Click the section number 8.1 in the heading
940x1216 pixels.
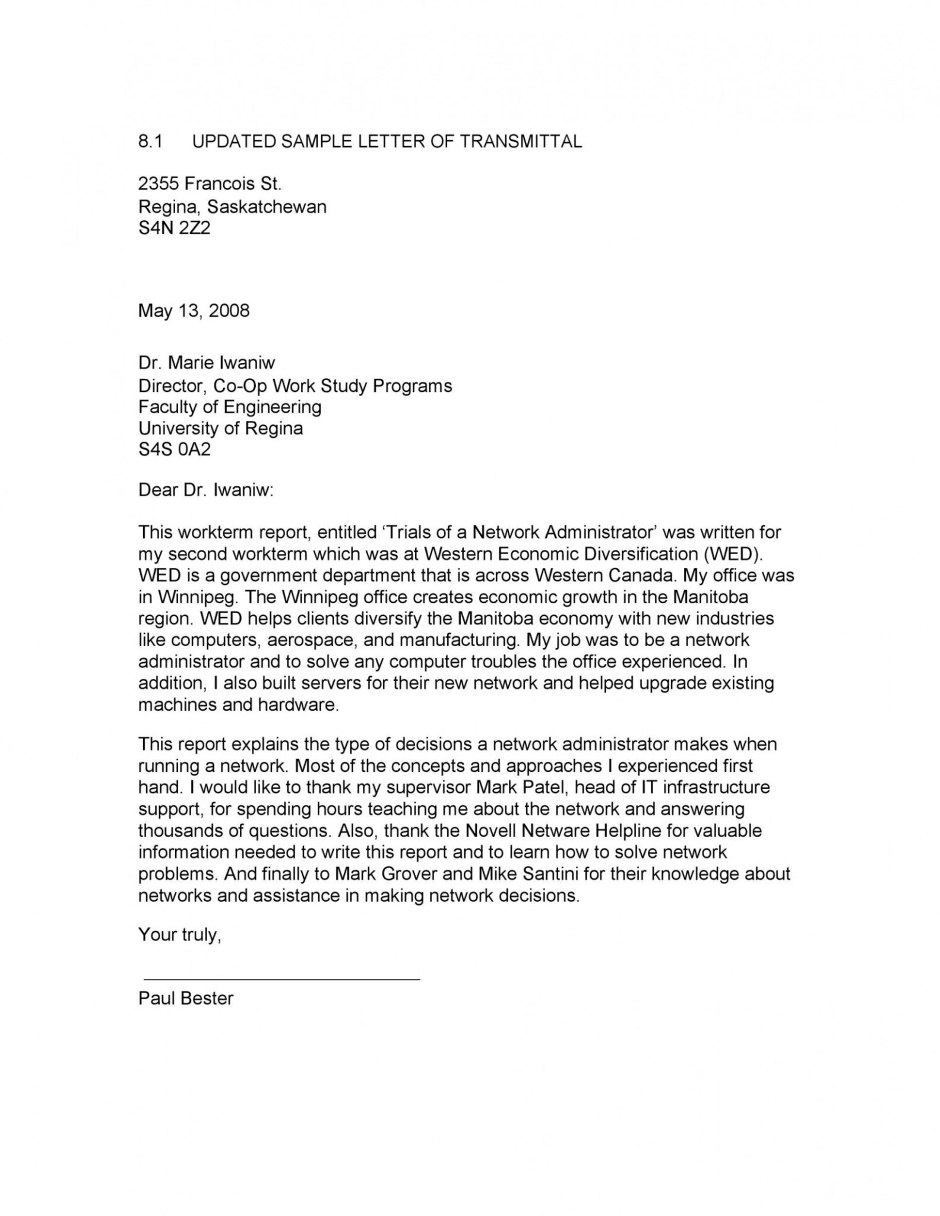coord(150,141)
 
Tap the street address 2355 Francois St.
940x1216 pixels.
coord(210,184)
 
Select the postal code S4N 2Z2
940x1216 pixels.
coord(174,227)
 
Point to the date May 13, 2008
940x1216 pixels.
coord(194,310)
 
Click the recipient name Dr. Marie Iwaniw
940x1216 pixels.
coord(207,362)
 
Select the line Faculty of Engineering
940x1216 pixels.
coord(230,407)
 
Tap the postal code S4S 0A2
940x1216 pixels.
coord(174,449)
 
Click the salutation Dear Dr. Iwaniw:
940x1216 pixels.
coord(205,490)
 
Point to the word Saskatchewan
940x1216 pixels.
coord(267,207)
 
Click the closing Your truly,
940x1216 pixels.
coord(179,935)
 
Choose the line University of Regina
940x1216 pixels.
coord(220,428)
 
